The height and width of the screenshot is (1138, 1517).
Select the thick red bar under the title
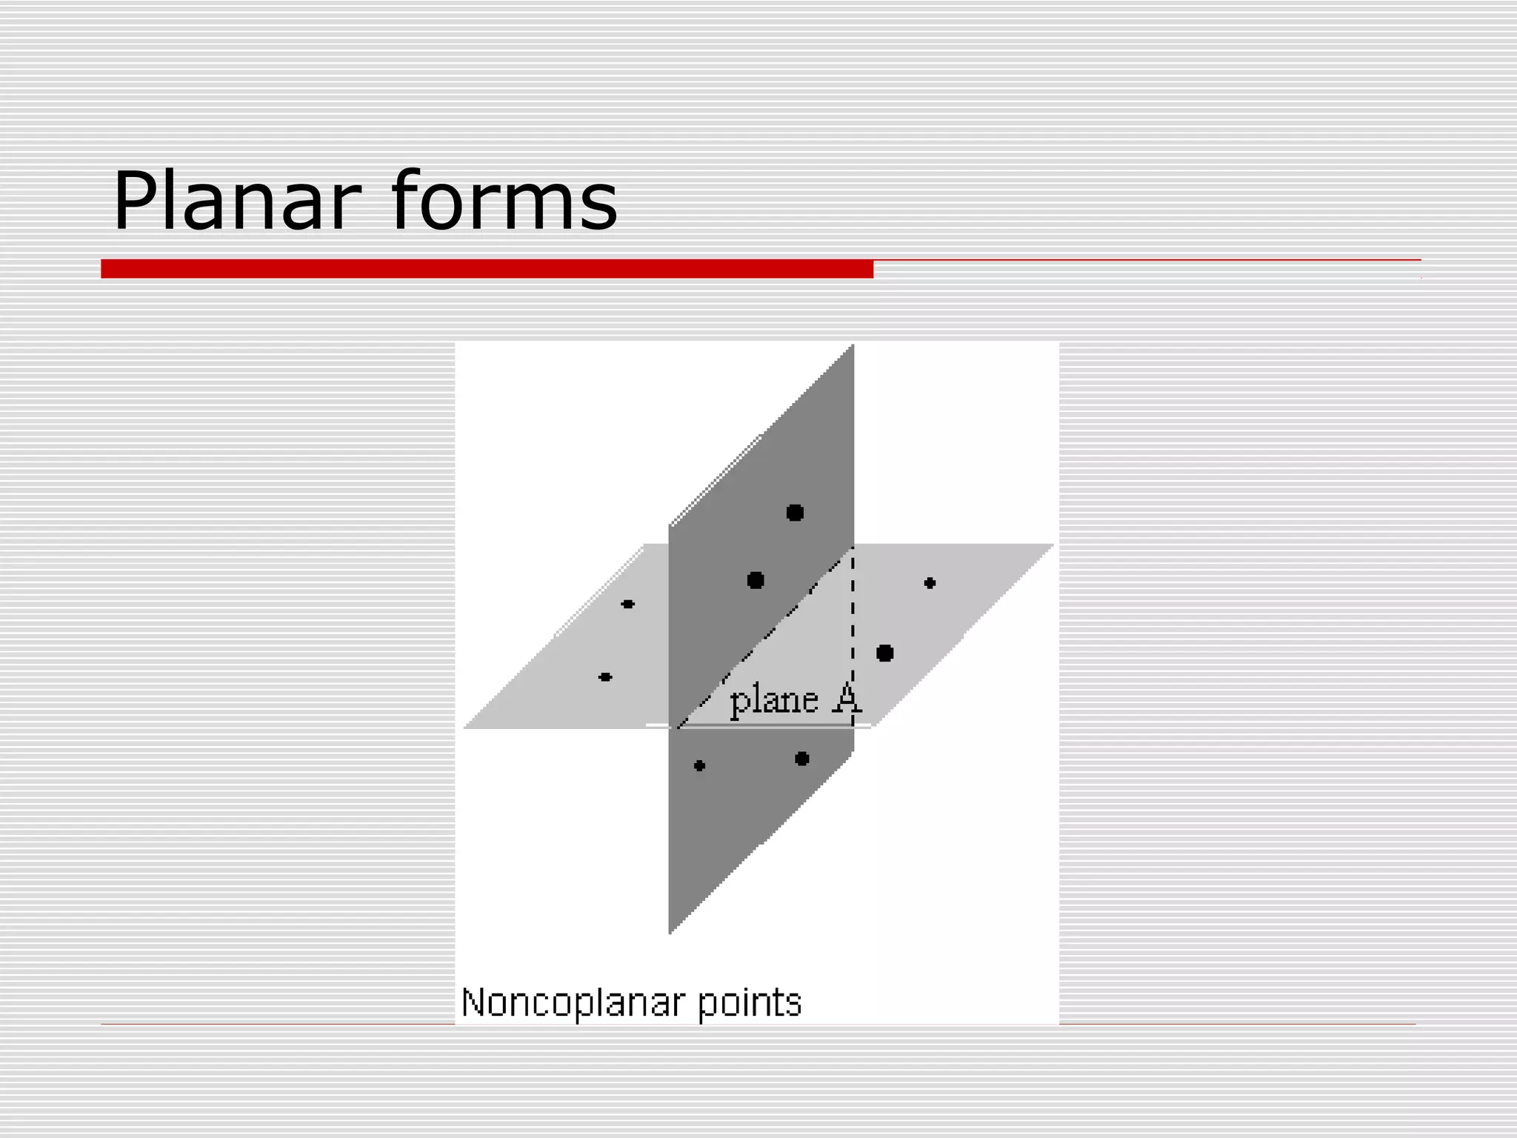[x=487, y=269]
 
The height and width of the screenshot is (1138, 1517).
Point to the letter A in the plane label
[x=847, y=699]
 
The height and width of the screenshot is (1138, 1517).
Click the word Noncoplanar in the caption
[x=572, y=1003]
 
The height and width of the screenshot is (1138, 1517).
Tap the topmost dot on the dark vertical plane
[x=795, y=513]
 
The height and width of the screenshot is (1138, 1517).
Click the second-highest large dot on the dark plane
[x=756, y=580]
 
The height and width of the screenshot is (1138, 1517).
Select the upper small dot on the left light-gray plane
[x=628, y=605]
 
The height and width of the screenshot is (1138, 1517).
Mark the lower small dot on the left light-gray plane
[x=605, y=677]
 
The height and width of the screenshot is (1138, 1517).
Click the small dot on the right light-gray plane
[x=930, y=583]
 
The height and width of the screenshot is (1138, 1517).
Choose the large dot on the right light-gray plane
[x=884, y=653]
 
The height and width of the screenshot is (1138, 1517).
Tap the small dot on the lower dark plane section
[x=699, y=766]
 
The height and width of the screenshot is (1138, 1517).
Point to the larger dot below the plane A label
[x=801, y=759]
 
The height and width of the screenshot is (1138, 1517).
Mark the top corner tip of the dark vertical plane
[x=852, y=347]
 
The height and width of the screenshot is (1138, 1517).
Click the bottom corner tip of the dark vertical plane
[x=670, y=931]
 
